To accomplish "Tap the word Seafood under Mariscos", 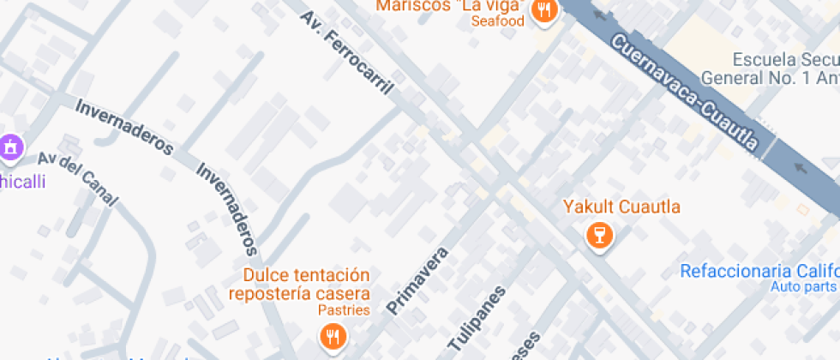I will point(496,21).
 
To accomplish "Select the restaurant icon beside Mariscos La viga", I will point(543,11).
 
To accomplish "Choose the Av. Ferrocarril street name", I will point(347,52).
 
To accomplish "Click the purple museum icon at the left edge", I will point(11,147).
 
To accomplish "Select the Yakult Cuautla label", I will point(621,207).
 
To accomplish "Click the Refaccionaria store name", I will point(759,271).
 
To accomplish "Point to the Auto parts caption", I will point(803,286).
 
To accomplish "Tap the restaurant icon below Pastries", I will point(333,336).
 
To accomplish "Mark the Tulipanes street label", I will point(477,321).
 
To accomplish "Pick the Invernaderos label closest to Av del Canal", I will point(125,128).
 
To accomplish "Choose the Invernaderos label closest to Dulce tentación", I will point(226,209).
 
